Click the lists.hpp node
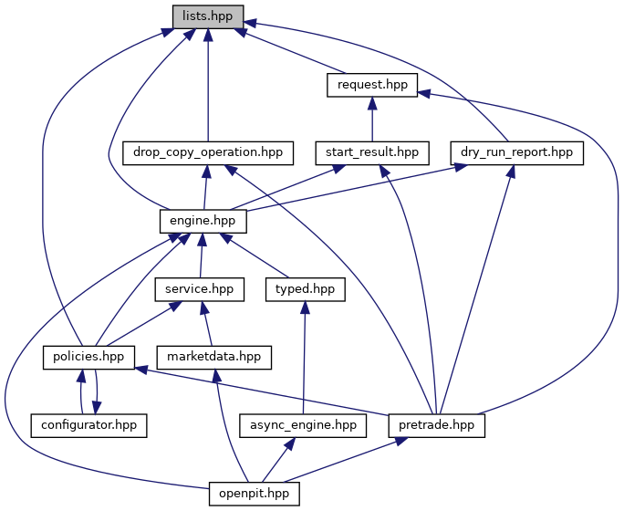point(208,16)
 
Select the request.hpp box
point(372,85)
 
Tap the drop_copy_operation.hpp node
point(208,152)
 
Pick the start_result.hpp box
point(372,152)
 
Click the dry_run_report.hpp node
point(516,152)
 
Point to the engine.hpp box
point(203,221)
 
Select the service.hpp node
point(200,289)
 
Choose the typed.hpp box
point(306,289)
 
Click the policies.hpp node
point(88,358)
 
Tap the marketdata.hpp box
point(214,358)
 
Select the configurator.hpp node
point(88,425)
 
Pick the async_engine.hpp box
point(303,425)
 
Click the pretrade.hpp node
point(437,425)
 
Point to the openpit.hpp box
point(255,494)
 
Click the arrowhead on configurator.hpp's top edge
point(96,408)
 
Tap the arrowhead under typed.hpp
point(305,308)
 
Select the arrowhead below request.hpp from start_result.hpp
point(372,103)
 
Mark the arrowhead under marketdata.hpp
point(216,376)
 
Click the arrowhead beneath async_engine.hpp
point(290,443)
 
